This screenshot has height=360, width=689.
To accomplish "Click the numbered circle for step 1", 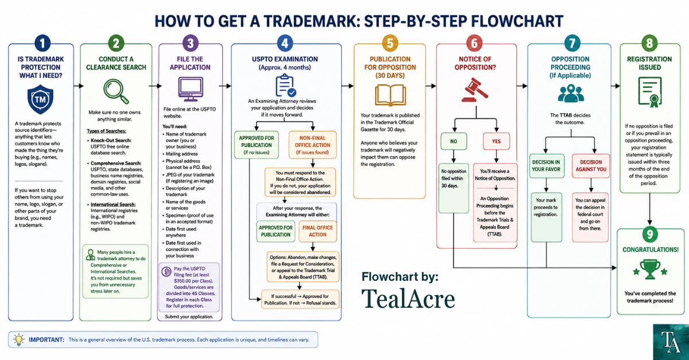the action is [x=42, y=43].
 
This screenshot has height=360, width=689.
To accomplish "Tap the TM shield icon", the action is [x=40, y=99].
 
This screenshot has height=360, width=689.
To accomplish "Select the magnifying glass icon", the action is [x=116, y=91].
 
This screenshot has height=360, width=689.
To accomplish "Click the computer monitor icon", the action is [x=191, y=89].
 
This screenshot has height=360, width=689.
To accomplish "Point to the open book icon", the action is [x=390, y=95].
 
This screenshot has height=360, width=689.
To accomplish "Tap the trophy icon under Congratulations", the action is [x=649, y=269].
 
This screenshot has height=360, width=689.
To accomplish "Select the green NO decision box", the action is [x=454, y=141].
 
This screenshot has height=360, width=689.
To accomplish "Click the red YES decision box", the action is [x=496, y=141].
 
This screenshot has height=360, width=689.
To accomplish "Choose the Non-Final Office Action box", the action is [x=312, y=145].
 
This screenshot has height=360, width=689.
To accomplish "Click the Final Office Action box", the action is [x=318, y=231].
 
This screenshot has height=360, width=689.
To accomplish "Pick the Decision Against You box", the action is [x=591, y=166].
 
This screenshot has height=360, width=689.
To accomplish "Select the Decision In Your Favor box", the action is [x=546, y=166].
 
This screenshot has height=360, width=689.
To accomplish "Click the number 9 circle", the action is [x=649, y=234].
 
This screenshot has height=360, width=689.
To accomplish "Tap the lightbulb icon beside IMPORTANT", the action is [x=19, y=339].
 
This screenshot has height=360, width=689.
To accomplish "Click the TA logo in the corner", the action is [x=671, y=342].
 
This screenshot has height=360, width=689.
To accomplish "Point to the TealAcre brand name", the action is [x=408, y=299].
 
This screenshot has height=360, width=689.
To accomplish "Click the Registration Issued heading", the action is [x=649, y=63].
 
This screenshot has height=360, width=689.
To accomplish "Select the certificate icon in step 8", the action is [x=650, y=92].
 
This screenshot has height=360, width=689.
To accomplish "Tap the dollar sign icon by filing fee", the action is [x=167, y=272].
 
